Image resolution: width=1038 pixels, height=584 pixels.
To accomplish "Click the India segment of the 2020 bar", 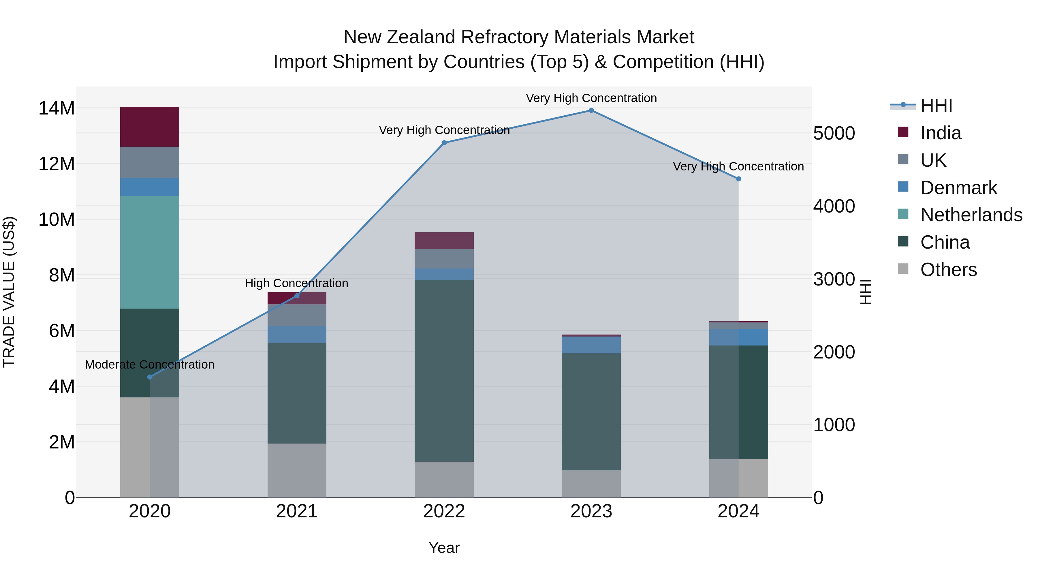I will [x=149, y=127].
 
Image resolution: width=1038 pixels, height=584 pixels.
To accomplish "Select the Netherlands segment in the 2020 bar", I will [x=149, y=252].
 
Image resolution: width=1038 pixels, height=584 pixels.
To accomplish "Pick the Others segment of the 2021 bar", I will [x=297, y=470].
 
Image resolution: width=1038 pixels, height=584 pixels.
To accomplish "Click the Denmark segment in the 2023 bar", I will [x=591, y=345].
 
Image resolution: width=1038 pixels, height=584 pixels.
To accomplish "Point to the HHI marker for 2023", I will [x=591, y=110].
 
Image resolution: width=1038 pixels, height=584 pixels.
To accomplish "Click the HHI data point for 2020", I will [x=150, y=377].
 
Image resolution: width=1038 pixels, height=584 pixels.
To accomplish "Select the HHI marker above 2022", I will [x=444, y=143].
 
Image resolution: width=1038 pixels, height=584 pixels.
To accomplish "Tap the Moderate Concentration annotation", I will [x=149, y=364].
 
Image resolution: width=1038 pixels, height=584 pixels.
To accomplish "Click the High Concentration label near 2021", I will [x=297, y=283].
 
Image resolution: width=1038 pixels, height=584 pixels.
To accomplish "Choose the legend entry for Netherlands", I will [x=971, y=215].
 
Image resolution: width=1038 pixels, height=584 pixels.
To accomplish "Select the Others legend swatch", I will [x=903, y=269].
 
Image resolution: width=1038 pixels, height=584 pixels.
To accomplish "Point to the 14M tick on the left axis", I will [x=57, y=108].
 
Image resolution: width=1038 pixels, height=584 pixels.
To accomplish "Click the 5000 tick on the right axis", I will [x=834, y=134].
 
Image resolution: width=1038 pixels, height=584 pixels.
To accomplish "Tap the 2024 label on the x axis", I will [x=738, y=511].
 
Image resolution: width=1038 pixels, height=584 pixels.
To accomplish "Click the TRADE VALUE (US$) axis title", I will [x=9, y=292].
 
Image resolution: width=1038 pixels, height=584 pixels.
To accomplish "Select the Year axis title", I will [x=444, y=548].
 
